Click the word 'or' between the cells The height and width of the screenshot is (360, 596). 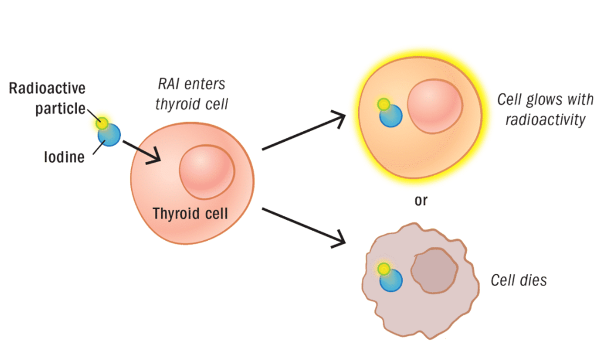[421, 200]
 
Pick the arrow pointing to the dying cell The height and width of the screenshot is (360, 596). [304, 226]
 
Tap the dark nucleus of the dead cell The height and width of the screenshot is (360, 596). [434, 269]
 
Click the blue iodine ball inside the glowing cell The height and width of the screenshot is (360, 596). [392, 116]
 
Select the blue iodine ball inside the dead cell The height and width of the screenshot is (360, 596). [391, 281]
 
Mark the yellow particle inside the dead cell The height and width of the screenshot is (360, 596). [384, 269]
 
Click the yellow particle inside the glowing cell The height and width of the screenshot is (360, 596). [384, 105]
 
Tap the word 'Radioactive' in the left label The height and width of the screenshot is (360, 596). [47, 89]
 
